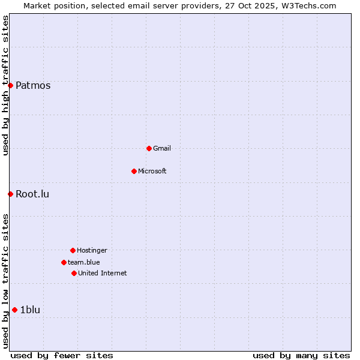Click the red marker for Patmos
10,85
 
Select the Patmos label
33,85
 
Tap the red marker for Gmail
149,148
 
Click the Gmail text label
162,148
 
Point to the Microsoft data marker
134,171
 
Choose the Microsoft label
152,171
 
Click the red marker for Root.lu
10,194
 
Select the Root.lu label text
32,194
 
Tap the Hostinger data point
73,250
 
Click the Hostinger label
92,250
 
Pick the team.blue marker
64,262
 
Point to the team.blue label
84,262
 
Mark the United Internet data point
74,273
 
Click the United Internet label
103,273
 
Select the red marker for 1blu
14,310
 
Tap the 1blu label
30,310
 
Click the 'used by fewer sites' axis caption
62,355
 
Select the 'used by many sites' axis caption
301,355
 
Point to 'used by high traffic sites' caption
5,85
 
